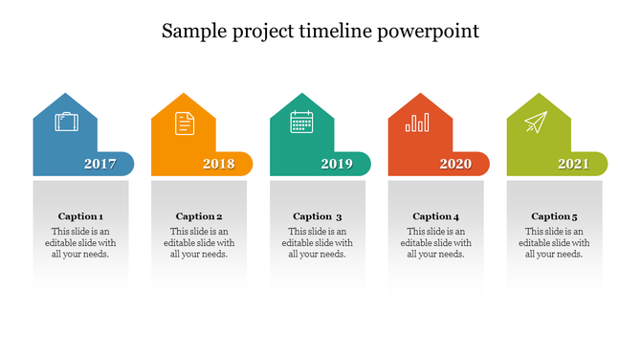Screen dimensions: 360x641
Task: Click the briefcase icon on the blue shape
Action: click(67, 123)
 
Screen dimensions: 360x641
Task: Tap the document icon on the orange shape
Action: click(184, 123)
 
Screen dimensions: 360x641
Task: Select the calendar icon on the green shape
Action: click(302, 122)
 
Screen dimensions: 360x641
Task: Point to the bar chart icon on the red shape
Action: click(417, 123)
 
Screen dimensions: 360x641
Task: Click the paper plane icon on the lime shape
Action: click(536, 123)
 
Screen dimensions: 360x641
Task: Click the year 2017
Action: click(100, 164)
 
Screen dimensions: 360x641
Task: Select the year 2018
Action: click(219, 164)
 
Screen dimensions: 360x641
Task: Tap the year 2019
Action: click(337, 164)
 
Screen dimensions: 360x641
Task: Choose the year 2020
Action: click(455, 164)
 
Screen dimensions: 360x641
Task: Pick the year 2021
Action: click(574, 164)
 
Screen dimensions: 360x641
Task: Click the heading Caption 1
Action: click(80, 216)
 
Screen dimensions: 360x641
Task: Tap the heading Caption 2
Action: click(199, 216)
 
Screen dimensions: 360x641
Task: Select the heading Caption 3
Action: click(318, 216)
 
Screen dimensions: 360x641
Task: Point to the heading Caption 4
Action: click(436, 216)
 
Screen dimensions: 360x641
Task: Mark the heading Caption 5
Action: click(555, 216)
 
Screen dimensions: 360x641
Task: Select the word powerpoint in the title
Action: click(428, 33)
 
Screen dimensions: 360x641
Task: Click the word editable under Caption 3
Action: click(302, 243)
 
